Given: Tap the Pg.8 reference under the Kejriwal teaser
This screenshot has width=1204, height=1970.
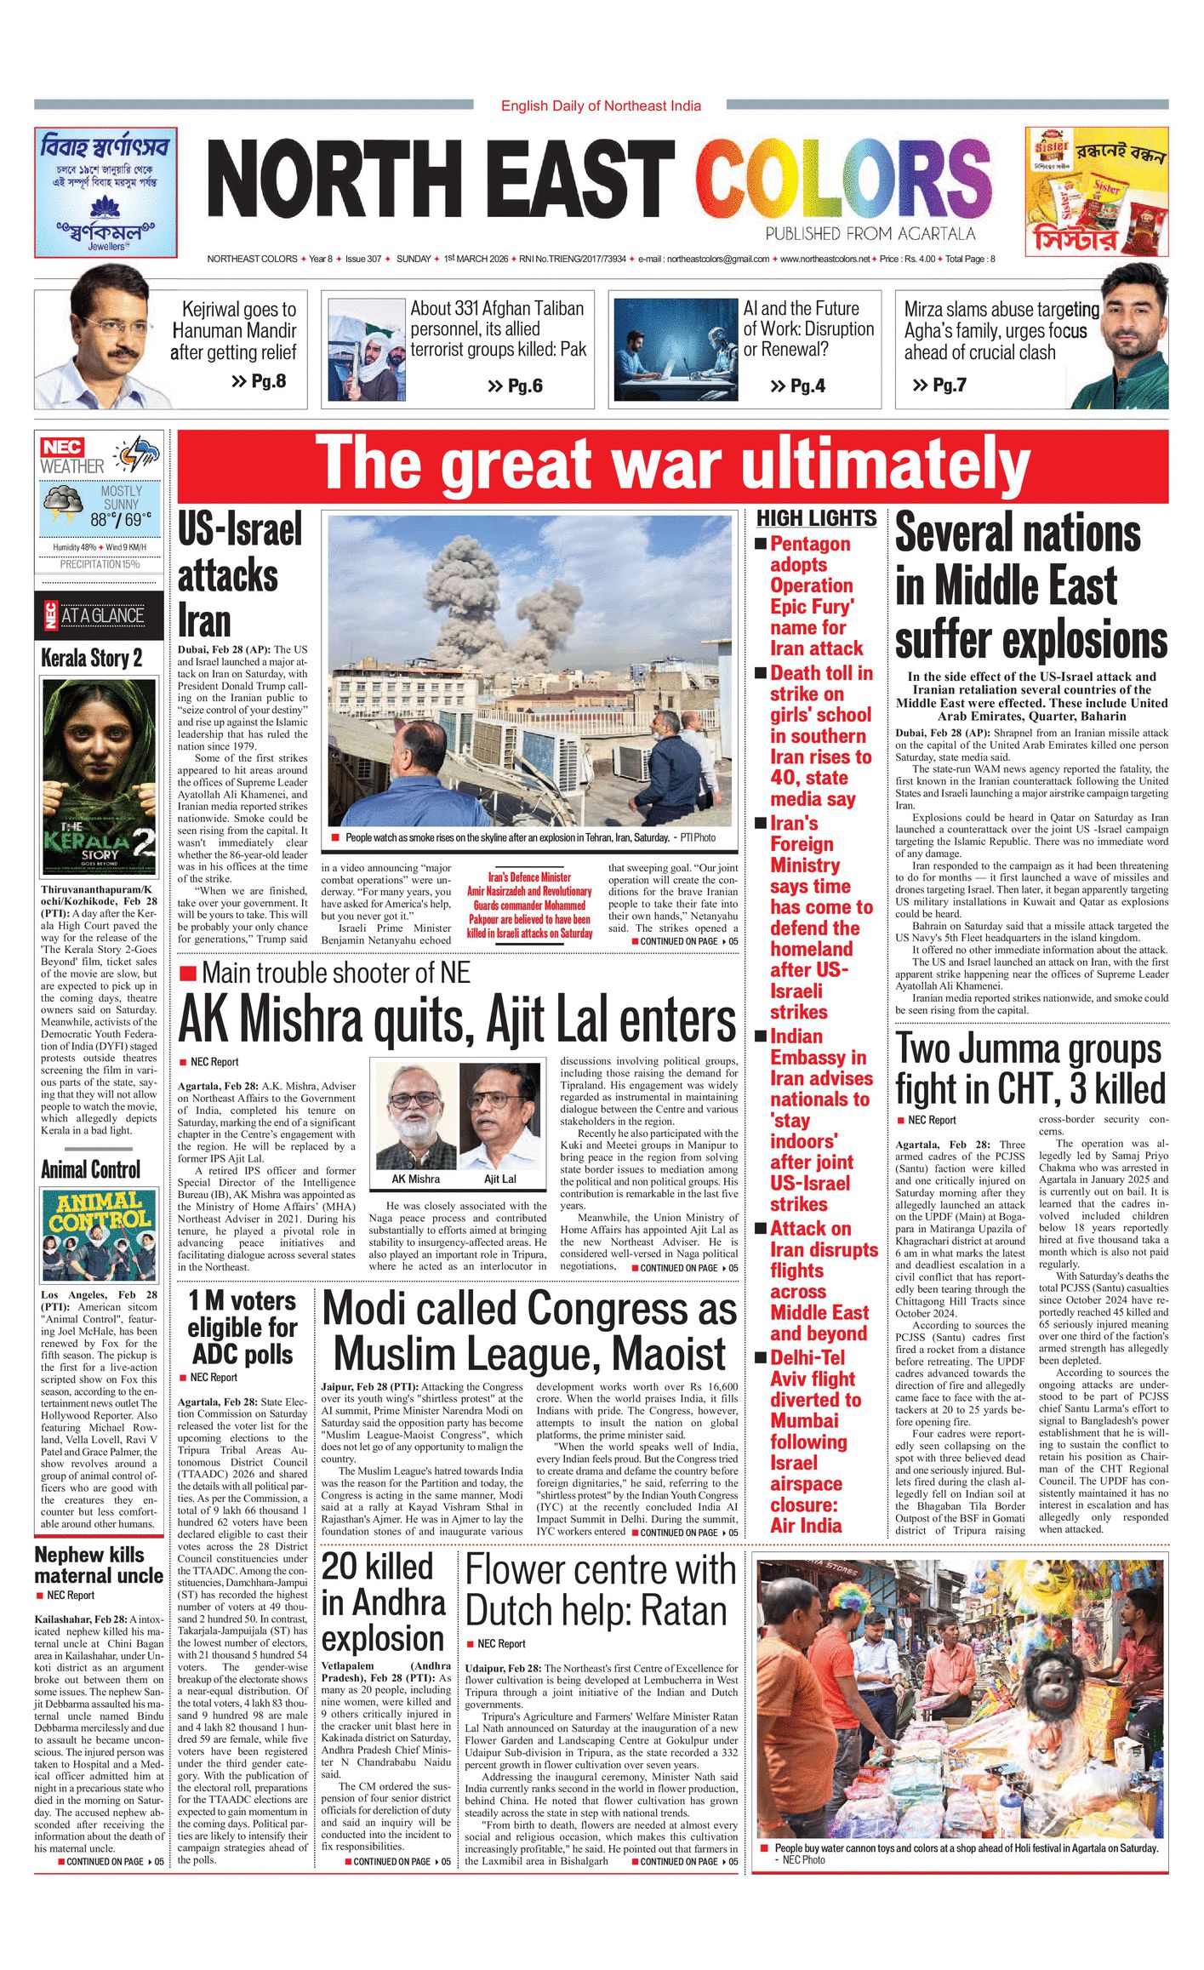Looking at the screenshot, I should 259,381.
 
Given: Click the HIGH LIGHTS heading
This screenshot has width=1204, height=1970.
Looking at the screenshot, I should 816,518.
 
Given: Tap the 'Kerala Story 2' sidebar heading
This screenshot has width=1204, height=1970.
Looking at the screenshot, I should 92,658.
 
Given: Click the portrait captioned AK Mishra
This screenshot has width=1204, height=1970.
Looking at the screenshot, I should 416,1117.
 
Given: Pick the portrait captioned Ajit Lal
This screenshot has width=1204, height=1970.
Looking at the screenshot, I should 500,1117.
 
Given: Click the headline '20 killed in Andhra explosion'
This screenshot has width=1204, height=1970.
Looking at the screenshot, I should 383,1602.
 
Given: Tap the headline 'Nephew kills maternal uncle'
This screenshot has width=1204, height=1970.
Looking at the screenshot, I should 99,1565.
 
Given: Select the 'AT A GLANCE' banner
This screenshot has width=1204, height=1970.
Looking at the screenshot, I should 99,615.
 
